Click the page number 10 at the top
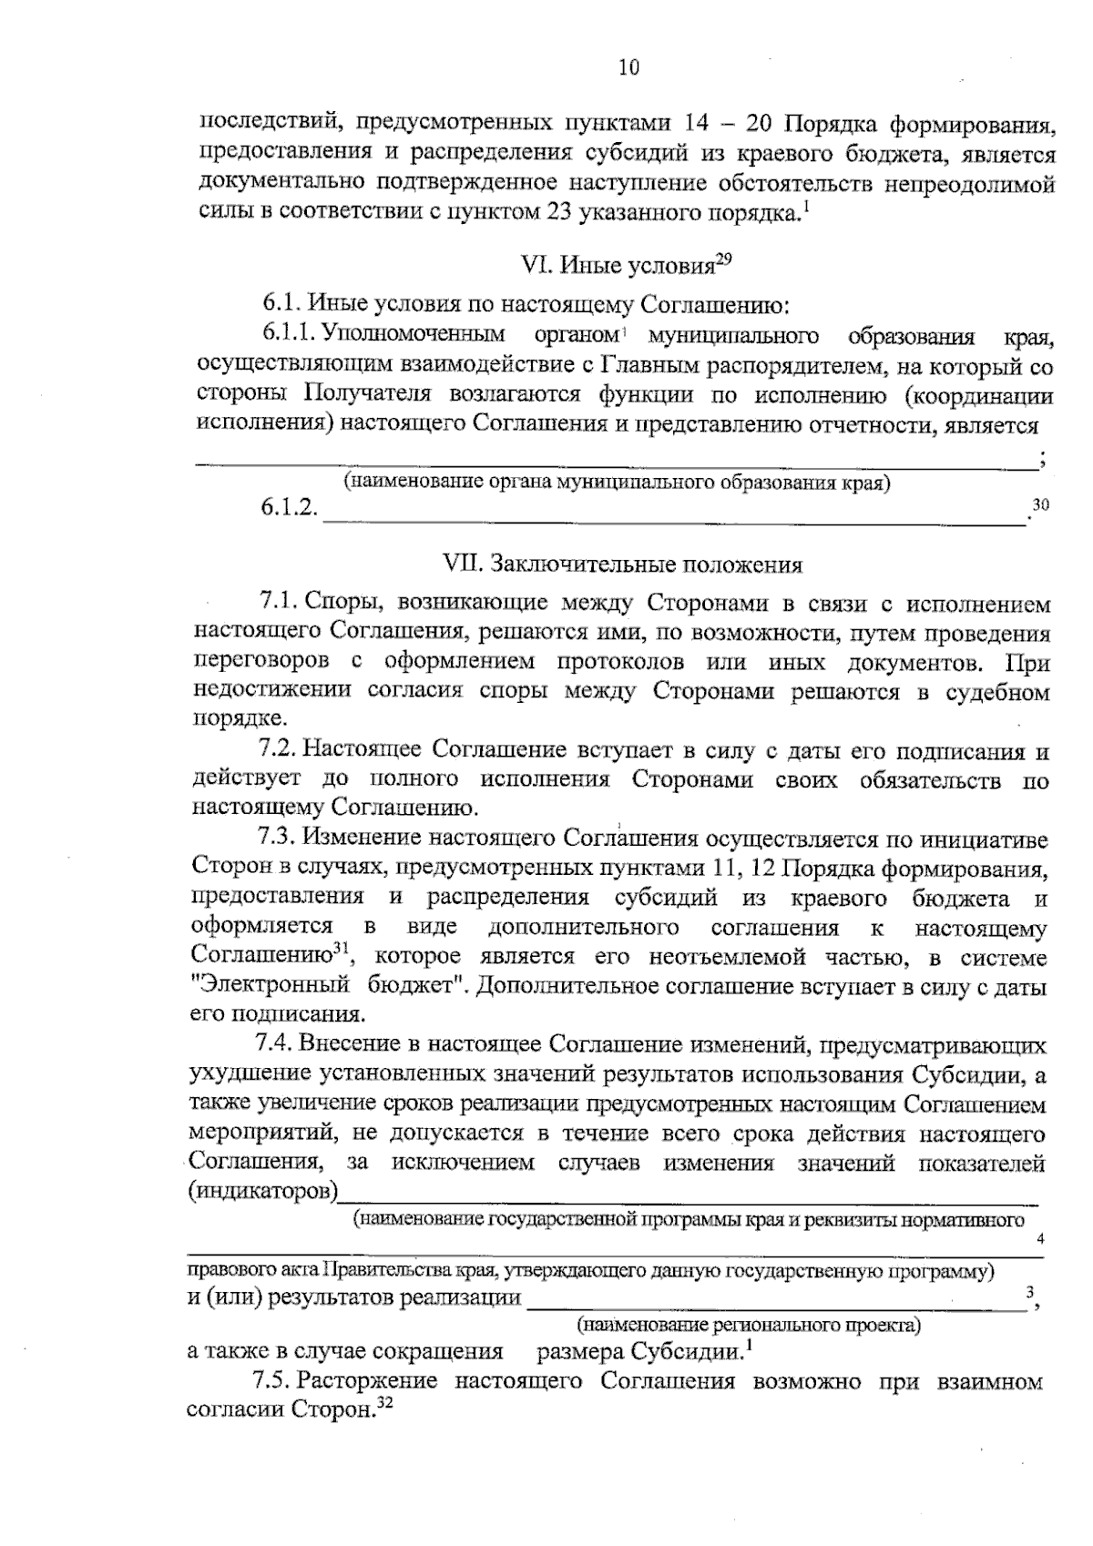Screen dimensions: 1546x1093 (628, 68)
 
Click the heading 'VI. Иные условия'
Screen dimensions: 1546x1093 (616, 266)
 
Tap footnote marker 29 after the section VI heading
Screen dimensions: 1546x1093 (723, 259)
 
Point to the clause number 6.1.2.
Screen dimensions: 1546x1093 (289, 508)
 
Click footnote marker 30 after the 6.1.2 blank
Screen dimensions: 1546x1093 (1040, 503)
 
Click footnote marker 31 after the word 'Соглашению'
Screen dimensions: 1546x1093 (341, 949)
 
